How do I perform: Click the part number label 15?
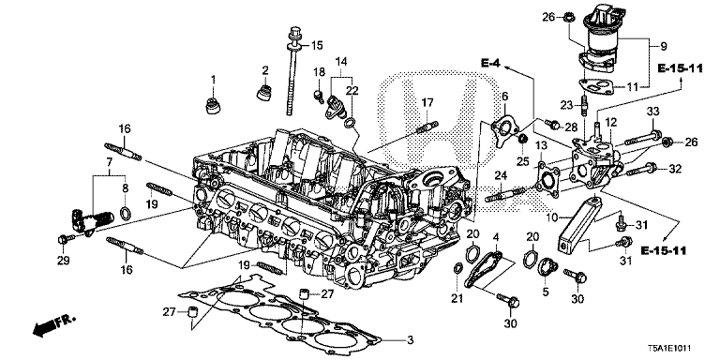(x=316, y=45)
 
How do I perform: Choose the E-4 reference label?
(x=490, y=63)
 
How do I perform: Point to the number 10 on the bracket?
(x=553, y=217)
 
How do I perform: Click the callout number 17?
(x=427, y=102)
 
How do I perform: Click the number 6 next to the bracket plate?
(x=503, y=97)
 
